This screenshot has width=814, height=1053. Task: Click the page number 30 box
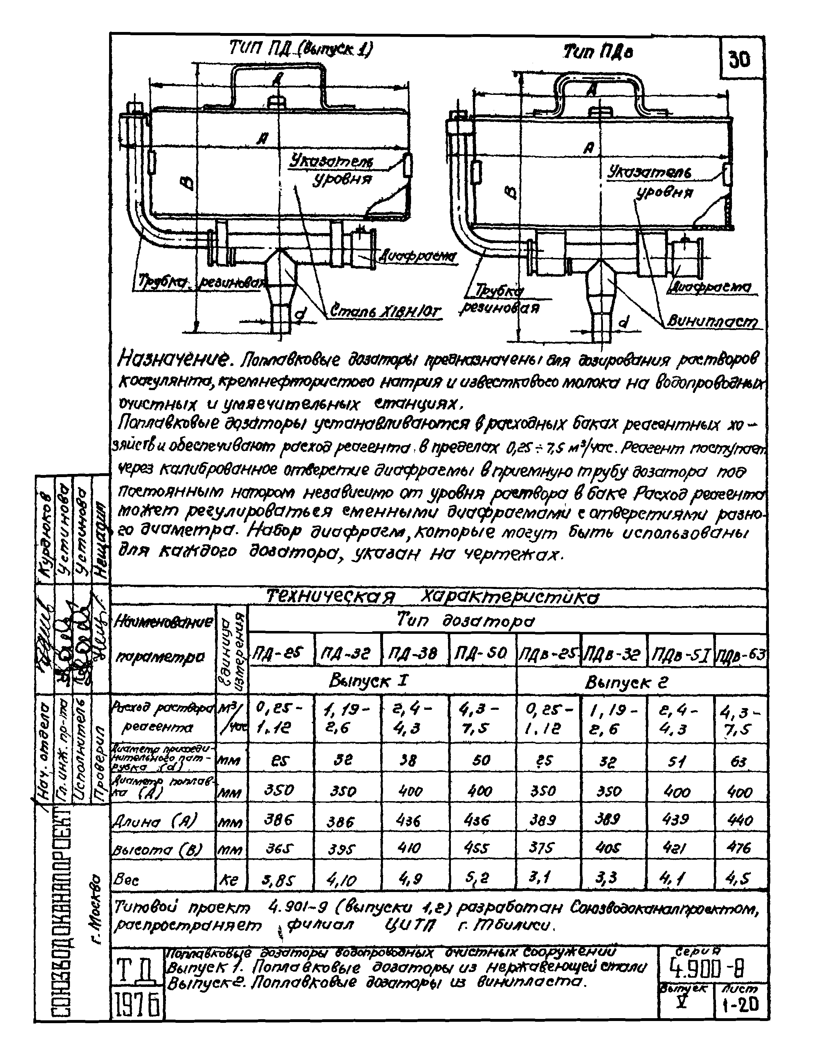coord(739,60)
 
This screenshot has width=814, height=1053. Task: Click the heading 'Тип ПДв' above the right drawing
coord(598,52)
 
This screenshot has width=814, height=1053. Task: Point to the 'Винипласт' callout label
coord(712,321)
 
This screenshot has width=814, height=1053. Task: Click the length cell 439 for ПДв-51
coord(677,819)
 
